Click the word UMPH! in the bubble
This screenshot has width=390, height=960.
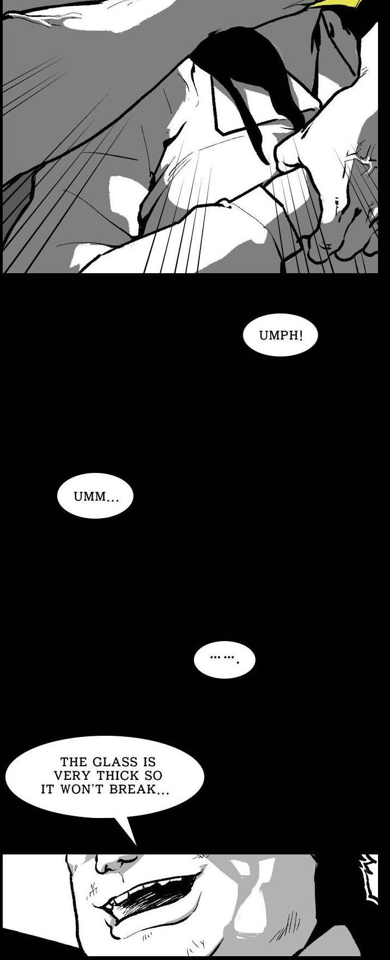click(x=281, y=335)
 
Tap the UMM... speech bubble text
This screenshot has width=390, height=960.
click(x=96, y=497)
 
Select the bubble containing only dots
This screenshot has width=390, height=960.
click(x=224, y=660)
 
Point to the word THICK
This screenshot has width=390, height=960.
click(x=118, y=776)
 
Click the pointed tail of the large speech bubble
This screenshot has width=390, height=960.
click(x=135, y=845)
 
